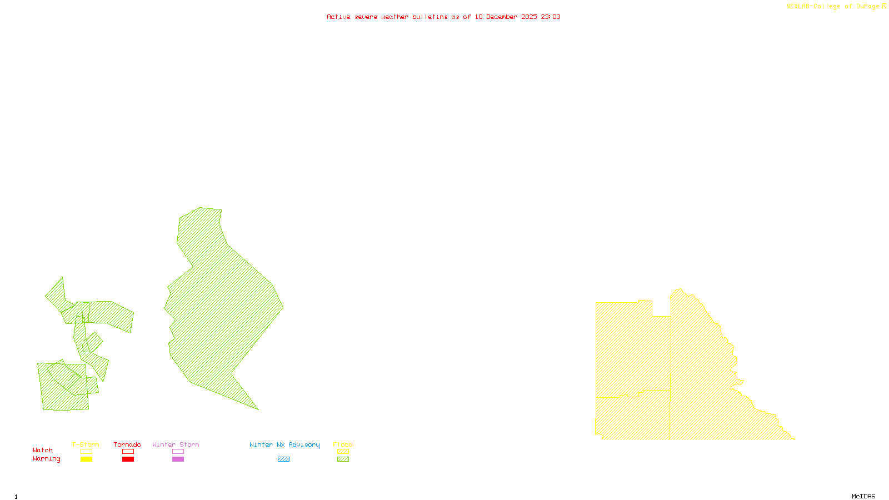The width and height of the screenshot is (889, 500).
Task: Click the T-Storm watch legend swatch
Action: pyautogui.click(x=86, y=452)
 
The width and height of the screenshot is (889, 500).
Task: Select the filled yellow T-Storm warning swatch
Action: pyautogui.click(x=86, y=459)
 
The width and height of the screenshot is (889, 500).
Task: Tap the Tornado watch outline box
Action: pyautogui.click(x=128, y=452)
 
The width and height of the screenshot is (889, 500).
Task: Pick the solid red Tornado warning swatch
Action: pyautogui.click(x=128, y=459)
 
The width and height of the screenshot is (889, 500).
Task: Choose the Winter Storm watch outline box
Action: pyautogui.click(x=178, y=452)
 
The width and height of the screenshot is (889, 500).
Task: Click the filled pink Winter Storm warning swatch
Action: pyautogui.click(x=178, y=459)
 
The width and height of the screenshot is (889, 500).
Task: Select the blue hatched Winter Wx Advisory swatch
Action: pyautogui.click(x=283, y=459)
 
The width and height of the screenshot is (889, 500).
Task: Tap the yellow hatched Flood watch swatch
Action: pyautogui.click(x=343, y=452)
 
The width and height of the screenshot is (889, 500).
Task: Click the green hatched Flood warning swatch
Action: pyautogui.click(x=343, y=459)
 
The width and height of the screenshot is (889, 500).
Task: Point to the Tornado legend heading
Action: pyautogui.click(x=127, y=444)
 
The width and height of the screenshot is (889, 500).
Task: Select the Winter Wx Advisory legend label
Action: pyautogui.click(x=284, y=444)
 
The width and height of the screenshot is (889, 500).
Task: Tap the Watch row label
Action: pyautogui.click(x=43, y=450)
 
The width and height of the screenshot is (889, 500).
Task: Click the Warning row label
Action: pyautogui.click(x=47, y=459)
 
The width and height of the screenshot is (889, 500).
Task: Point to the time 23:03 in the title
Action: pyautogui.click(x=551, y=17)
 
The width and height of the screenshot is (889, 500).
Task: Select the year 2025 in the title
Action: pyautogui.click(x=529, y=17)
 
